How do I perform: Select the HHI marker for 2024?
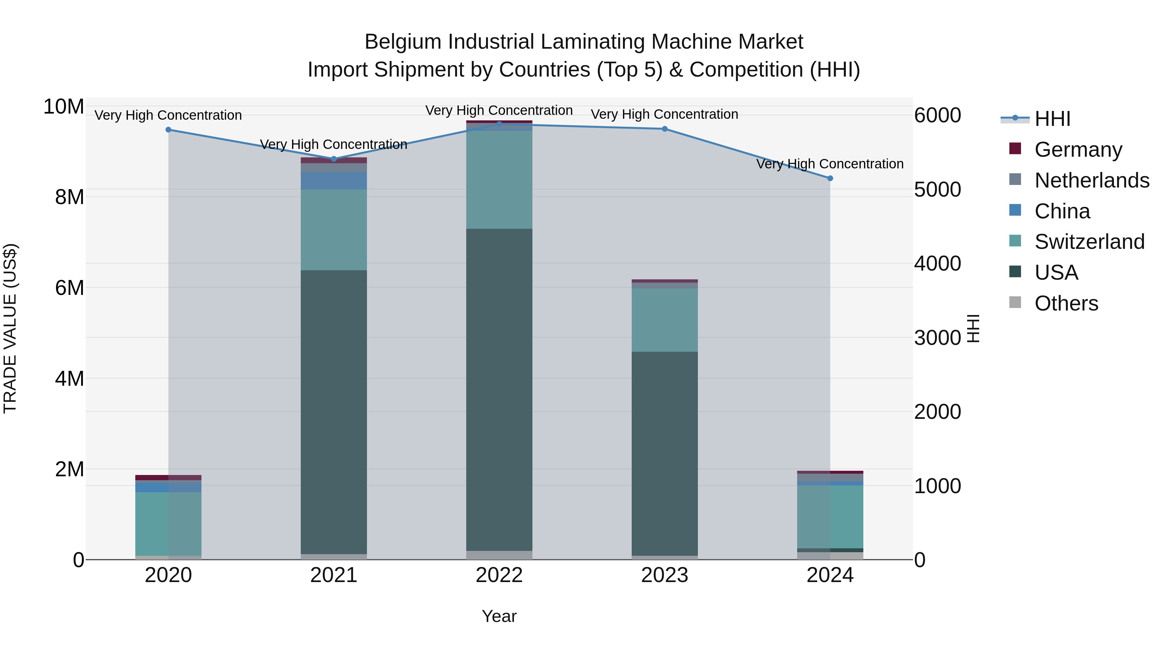point(830,178)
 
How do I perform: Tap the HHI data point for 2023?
point(665,129)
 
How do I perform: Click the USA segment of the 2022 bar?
point(499,390)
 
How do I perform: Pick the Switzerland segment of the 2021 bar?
point(334,230)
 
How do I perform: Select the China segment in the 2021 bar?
point(334,180)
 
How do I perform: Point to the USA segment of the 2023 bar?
point(665,454)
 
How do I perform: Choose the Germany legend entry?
point(1078,149)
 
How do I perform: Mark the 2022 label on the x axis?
point(499,575)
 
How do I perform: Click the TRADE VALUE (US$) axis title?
point(10,328)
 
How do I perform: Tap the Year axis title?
point(499,616)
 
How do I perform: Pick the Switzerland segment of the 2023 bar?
point(665,320)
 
